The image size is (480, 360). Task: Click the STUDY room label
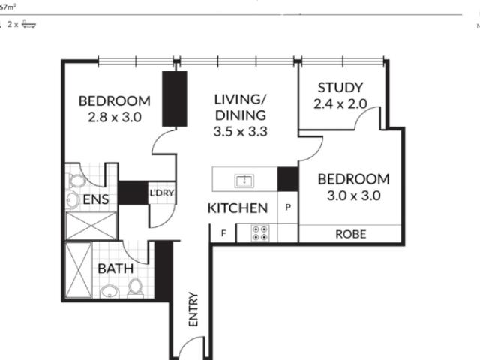[340, 87]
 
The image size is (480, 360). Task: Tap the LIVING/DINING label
[240, 107]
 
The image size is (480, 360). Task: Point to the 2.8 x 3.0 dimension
[115, 117]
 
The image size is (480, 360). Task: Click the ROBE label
[351, 234]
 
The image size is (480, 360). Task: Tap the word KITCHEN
[237, 208]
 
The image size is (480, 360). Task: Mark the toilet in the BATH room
[136, 288]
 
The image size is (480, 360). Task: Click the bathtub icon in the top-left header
[28, 24]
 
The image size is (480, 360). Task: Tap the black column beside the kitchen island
[288, 179]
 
